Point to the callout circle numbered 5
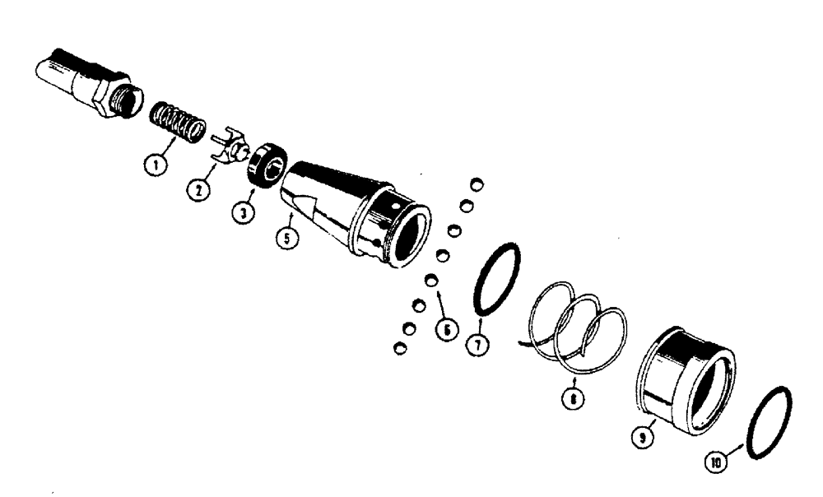(286, 241)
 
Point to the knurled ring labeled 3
(266, 164)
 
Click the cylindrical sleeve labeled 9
(687, 379)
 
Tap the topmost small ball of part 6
(475, 183)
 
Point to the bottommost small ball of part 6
(400, 347)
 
